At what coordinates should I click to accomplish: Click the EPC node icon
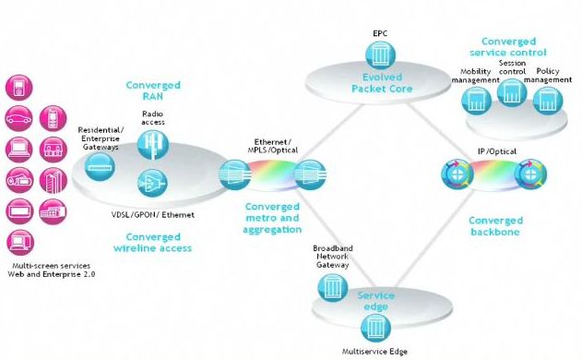pyautogui.click(x=380, y=55)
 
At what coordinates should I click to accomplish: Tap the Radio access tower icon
pyautogui.click(x=153, y=145)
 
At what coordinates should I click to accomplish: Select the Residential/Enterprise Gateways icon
pyautogui.click(x=100, y=167)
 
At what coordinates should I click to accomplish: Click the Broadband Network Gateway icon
pyautogui.click(x=333, y=288)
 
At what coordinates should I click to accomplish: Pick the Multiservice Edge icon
pyautogui.click(x=375, y=328)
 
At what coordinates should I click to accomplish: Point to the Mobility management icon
pyautogui.click(x=477, y=101)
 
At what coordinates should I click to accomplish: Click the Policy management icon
pyautogui.click(x=548, y=101)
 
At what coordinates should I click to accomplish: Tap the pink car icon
pyautogui.click(x=18, y=118)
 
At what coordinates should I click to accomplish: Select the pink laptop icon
pyautogui.click(x=19, y=150)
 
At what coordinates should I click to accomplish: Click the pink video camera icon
pyautogui.click(x=19, y=181)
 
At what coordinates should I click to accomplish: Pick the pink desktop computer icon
pyautogui.click(x=20, y=243)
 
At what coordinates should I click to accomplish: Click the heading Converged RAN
pyautogui.click(x=153, y=90)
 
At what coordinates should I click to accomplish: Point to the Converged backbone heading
pyautogui.click(x=495, y=226)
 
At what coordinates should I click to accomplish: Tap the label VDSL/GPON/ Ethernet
pyautogui.click(x=153, y=215)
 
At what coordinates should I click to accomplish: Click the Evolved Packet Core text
pyautogui.click(x=382, y=83)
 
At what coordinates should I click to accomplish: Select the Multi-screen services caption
pyautogui.click(x=52, y=266)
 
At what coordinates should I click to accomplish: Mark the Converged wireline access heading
pyautogui.click(x=153, y=242)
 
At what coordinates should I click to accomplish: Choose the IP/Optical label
pyautogui.click(x=496, y=151)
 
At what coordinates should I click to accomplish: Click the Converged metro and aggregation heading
pyautogui.click(x=272, y=218)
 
